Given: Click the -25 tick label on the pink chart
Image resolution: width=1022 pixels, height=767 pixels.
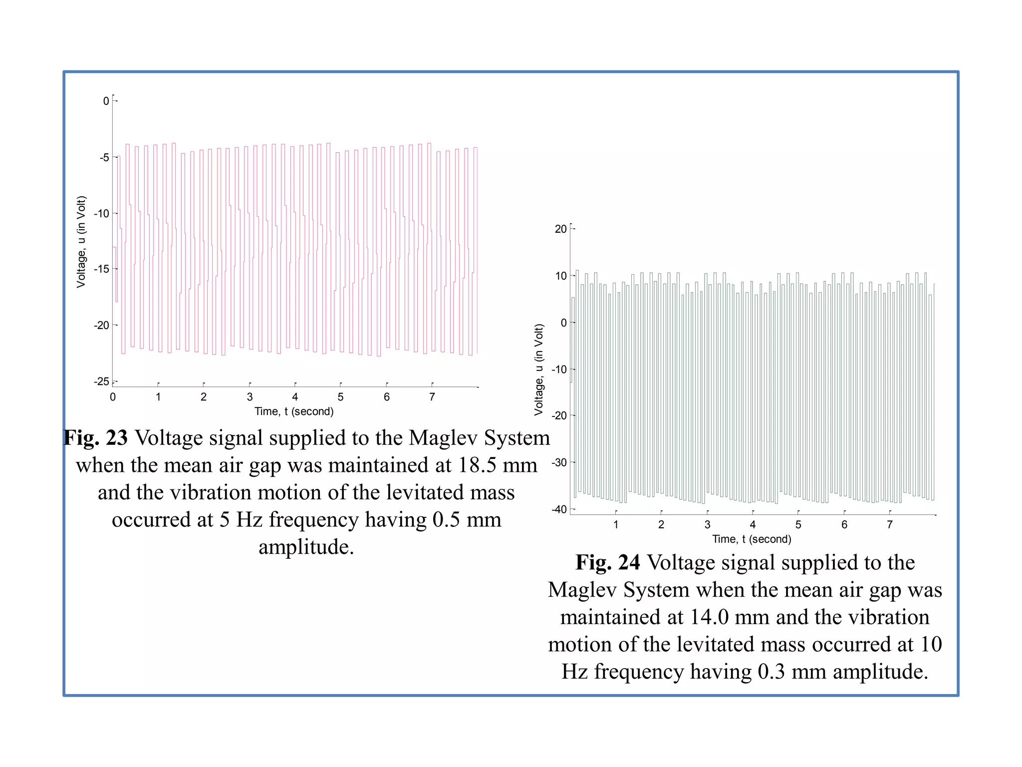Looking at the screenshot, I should [x=101, y=382].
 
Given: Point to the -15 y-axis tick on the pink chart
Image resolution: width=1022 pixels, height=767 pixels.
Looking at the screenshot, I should [x=101, y=269].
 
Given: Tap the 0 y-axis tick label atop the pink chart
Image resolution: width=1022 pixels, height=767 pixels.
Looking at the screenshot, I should [x=106, y=101].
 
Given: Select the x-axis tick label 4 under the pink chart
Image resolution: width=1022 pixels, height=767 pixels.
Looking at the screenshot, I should [x=295, y=397].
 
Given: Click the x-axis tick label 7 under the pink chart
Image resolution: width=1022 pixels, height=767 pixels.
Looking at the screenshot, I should [x=432, y=397].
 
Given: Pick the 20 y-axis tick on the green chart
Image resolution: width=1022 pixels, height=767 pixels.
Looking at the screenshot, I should [x=560, y=229].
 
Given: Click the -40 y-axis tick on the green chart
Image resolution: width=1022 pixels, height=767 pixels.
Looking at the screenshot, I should [x=559, y=510].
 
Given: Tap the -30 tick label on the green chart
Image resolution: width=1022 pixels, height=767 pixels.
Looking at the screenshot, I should [x=559, y=463].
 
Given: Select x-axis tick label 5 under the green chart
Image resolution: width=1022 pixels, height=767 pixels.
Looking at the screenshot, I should [x=798, y=525].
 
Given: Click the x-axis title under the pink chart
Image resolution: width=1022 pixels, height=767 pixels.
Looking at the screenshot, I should [x=294, y=411].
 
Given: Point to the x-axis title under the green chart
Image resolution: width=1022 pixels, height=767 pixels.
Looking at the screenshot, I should [x=752, y=539].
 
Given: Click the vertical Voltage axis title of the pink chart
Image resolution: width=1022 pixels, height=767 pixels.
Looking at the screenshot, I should [x=81, y=242].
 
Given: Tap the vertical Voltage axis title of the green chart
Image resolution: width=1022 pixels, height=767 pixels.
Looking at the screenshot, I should [x=538, y=370].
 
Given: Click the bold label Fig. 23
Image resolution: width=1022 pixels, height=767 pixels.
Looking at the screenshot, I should [x=96, y=438].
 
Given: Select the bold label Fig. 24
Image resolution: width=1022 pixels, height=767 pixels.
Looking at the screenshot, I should [x=607, y=563].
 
